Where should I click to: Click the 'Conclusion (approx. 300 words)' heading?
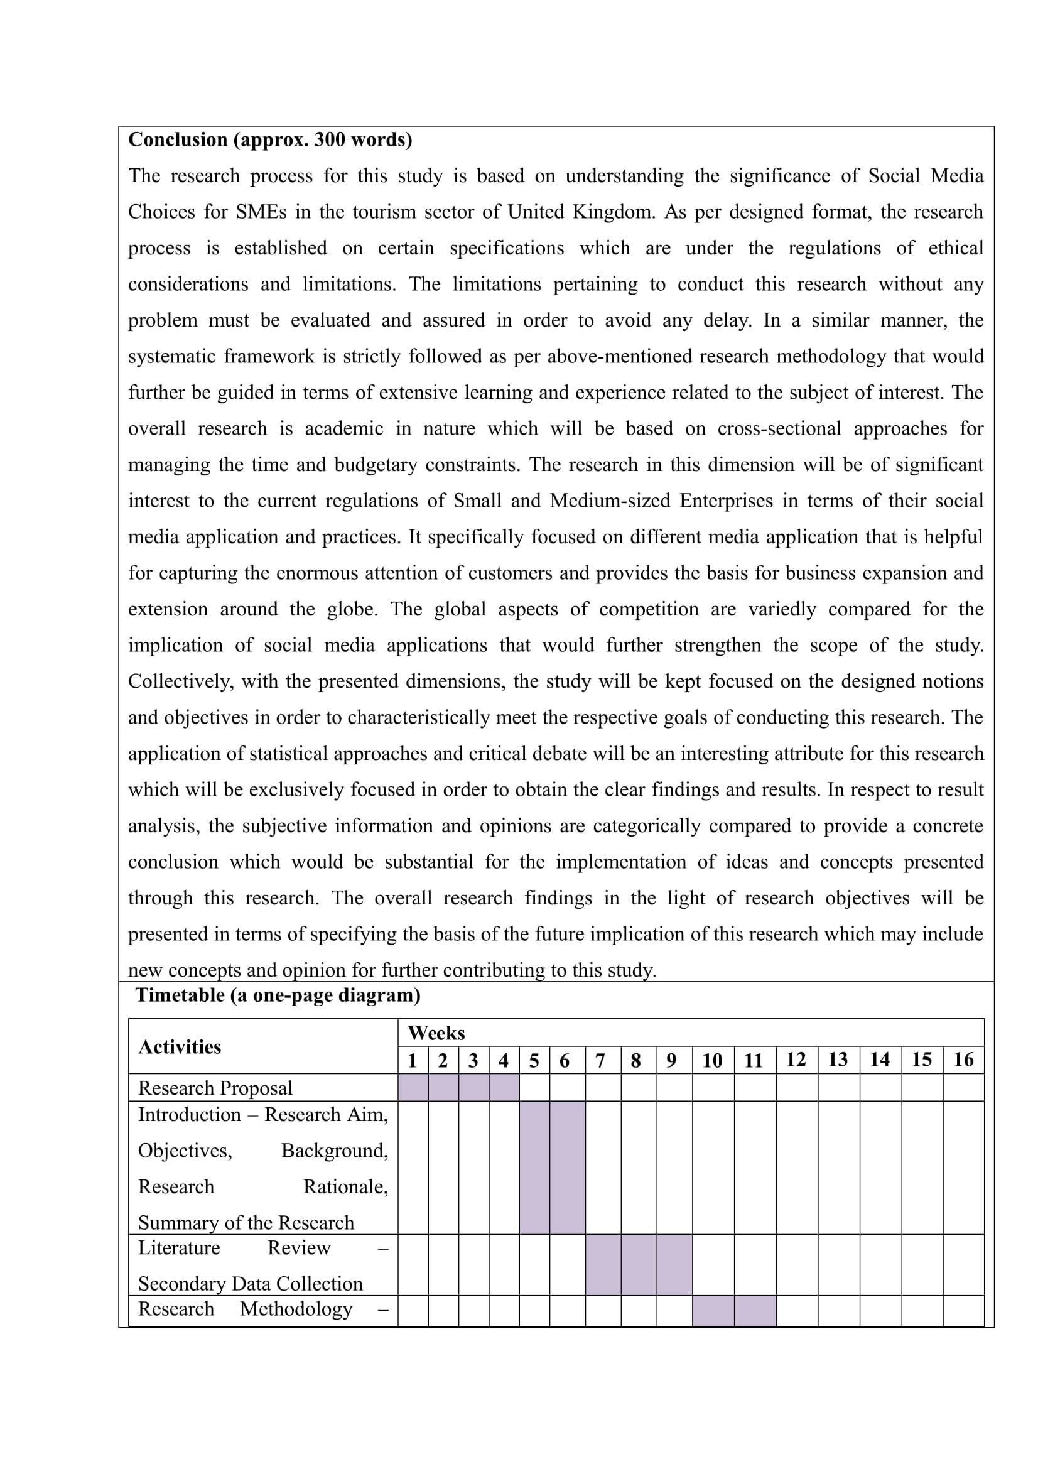[270, 139]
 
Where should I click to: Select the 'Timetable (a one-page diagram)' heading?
[278, 995]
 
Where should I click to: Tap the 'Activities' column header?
[180, 1047]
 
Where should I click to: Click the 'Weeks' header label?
[436, 1033]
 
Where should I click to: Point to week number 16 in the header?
[963, 1060]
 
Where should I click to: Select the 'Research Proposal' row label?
[215, 1088]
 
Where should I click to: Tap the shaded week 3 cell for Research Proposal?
[473, 1088]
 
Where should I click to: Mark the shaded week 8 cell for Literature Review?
[635, 1265]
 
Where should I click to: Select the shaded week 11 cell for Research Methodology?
[755, 1310]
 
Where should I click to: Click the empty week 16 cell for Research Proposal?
[963, 1088]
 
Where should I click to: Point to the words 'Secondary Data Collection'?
[250, 1284]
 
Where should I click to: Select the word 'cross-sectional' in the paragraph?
[779, 429]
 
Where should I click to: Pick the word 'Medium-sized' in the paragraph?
[610, 501]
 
